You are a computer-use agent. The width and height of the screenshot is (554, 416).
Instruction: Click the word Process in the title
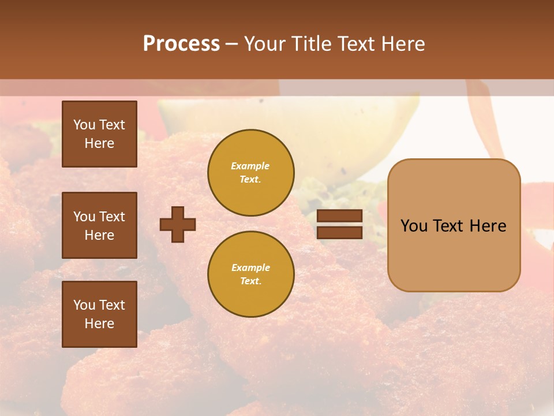coord(181,44)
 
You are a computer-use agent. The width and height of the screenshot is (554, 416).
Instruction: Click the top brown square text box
coord(99,134)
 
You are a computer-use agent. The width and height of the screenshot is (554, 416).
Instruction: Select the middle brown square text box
coord(99,225)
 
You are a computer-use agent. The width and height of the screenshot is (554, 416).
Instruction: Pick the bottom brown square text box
coord(99,314)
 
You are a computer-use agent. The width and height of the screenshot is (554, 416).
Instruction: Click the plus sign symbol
coord(178,224)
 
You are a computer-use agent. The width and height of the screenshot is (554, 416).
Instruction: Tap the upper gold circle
coord(250,172)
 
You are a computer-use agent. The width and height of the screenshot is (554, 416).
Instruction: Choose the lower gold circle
coord(250,274)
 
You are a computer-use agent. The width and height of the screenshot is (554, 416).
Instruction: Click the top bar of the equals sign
coord(339,216)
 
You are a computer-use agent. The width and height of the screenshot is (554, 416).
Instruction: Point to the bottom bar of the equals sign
coord(339,232)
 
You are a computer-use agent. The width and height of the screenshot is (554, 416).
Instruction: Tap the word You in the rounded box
coord(414,225)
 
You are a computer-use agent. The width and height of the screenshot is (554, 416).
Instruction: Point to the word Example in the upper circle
coord(250,166)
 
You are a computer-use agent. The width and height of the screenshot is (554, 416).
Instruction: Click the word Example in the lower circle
coord(250,268)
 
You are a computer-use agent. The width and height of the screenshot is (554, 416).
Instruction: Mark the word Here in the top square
coord(99,143)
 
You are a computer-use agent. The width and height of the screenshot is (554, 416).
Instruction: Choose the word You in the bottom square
coord(84,305)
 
